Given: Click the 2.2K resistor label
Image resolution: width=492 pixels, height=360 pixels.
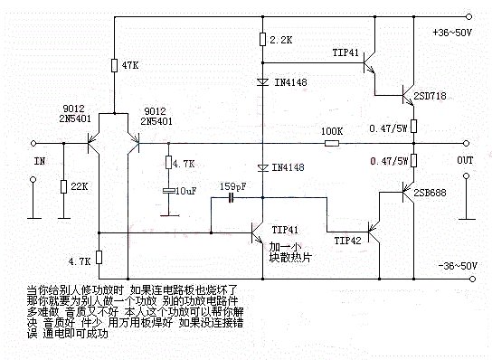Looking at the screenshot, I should [x=279, y=41].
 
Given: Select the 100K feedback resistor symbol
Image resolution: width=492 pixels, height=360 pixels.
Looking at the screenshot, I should [x=331, y=142].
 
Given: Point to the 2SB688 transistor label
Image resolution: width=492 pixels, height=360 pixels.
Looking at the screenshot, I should [x=431, y=193].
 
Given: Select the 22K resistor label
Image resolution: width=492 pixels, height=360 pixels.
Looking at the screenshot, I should [x=78, y=186].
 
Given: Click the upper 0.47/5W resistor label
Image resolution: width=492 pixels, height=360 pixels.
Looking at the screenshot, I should [x=391, y=128].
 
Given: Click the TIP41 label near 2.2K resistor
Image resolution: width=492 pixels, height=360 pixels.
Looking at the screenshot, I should [x=346, y=52].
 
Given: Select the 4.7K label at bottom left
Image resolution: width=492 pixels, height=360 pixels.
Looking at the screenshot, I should [x=80, y=260].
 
